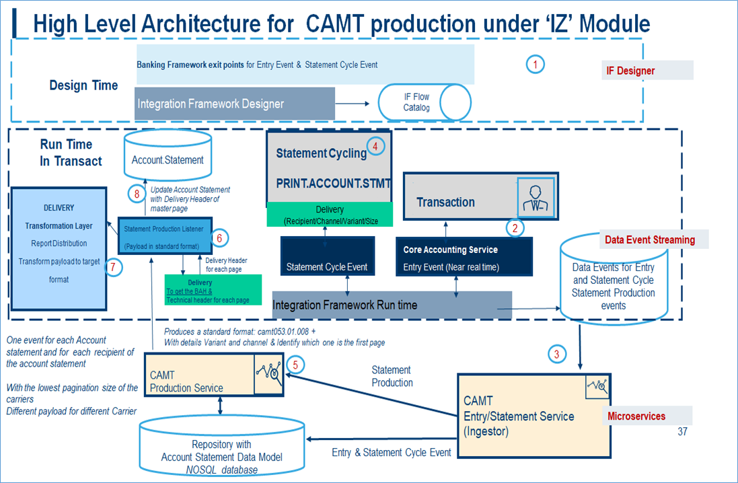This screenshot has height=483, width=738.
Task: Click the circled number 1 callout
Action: coord(535,65)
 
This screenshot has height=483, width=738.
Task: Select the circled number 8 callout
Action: coord(137,194)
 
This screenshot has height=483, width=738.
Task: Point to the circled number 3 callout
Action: coord(556,354)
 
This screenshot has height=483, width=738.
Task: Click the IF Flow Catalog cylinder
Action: coord(424,102)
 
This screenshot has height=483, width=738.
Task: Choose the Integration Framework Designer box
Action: coord(235,104)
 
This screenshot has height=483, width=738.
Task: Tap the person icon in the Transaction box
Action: coord(536,198)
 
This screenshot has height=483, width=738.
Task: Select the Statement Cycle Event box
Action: coord(327,266)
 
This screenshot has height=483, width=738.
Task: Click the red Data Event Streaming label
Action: coord(649,240)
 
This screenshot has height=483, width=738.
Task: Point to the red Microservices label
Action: coord(636,416)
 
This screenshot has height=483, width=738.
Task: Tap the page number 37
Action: coord(682,432)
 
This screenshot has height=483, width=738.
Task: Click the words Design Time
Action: coord(83,85)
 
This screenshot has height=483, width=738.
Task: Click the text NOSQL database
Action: coord(222,470)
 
